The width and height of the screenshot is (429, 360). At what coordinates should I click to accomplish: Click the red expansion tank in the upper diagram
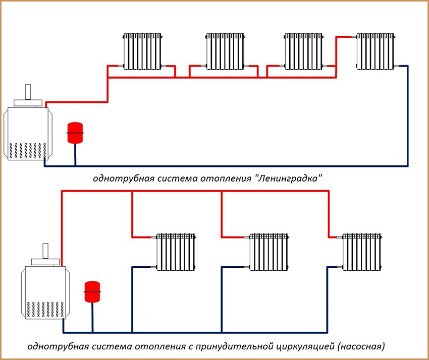point(74,131)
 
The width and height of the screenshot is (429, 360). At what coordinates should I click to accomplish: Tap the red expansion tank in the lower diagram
point(92,289)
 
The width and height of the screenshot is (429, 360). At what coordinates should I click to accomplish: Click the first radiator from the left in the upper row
point(143,51)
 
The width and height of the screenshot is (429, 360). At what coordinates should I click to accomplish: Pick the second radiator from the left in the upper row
point(225,51)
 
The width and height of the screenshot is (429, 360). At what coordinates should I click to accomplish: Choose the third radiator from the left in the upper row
point(303,51)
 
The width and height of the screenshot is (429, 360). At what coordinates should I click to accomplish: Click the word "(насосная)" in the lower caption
point(362,347)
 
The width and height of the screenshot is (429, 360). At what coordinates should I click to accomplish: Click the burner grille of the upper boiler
point(28,150)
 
